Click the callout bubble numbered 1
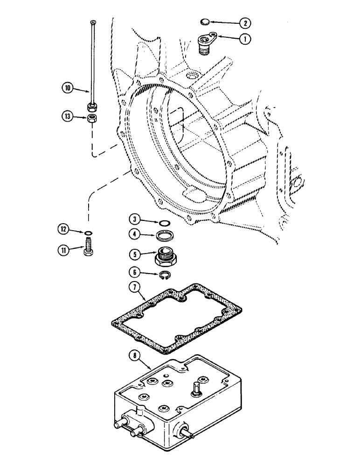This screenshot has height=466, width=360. pos(243,40)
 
